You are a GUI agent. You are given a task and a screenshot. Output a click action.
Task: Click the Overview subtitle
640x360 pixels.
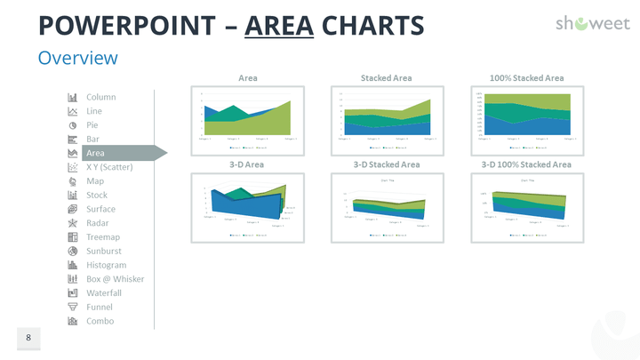tap(77, 58)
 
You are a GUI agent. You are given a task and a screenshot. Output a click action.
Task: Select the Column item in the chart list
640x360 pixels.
tap(100, 97)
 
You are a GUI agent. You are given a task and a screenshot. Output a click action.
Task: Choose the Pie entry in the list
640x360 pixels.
tap(92, 125)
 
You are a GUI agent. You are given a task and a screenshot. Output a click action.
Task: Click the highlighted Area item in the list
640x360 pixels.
tap(95, 153)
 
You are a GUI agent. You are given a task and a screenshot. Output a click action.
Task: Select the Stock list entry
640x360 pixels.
tap(96, 196)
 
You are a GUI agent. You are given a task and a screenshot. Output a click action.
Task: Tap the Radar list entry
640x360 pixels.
tap(98, 223)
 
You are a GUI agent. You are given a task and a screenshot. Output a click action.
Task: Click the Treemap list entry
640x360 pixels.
tap(103, 237)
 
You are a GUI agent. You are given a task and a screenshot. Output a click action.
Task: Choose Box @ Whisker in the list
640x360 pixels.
tap(115, 279)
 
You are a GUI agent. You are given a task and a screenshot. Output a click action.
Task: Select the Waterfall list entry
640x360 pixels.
tap(103, 293)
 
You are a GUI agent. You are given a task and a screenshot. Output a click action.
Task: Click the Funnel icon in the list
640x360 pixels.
tap(72, 308)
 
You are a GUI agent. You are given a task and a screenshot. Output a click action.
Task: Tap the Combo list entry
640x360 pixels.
tap(100, 322)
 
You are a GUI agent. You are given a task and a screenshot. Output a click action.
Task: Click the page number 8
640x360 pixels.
tap(28, 338)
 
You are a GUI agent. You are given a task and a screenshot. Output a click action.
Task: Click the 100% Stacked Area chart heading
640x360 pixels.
tap(526, 78)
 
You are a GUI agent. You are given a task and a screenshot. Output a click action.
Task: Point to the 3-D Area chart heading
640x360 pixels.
tap(248, 164)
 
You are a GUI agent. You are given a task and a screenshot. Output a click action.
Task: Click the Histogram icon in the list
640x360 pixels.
tap(72, 265)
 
